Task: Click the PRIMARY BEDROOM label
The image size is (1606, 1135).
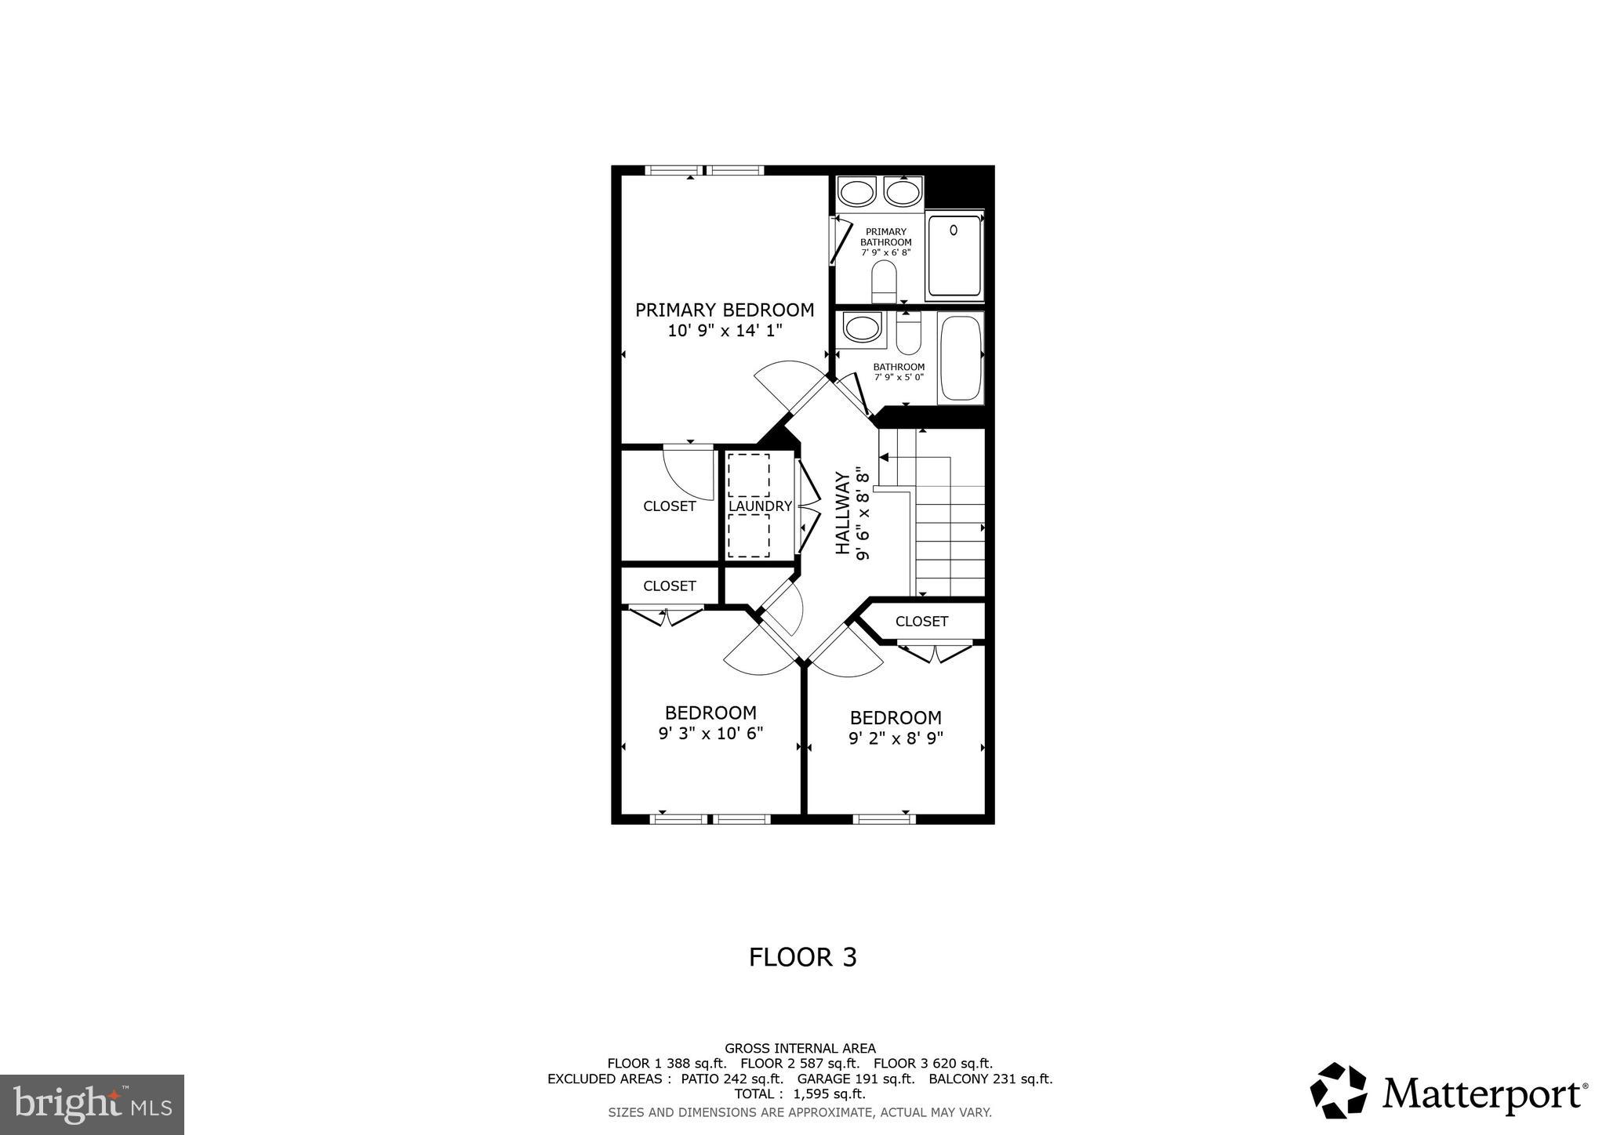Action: pyautogui.click(x=724, y=310)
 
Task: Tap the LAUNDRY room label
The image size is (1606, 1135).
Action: pyautogui.click(x=760, y=506)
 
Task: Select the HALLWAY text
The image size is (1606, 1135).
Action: pyautogui.click(x=843, y=513)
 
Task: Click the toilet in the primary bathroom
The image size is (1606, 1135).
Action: pyautogui.click(x=884, y=281)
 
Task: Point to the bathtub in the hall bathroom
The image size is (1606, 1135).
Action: pyautogui.click(x=960, y=357)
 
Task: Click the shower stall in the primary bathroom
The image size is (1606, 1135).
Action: pyautogui.click(x=954, y=256)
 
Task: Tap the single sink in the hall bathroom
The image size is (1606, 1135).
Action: pyautogui.click(x=860, y=328)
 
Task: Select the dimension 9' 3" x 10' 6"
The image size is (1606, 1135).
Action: pyautogui.click(x=710, y=734)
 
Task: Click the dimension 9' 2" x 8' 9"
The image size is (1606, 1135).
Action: pyautogui.click(x=896, y=738)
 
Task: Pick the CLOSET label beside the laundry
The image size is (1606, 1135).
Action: pyautogui.click(x=669, y=506)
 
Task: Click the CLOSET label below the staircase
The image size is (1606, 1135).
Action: pyautogui.click(x=921, y=622)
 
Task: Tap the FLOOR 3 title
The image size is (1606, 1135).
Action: pyautogui.click(x=802, y=957)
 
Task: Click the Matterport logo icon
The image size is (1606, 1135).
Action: pyautogui.click(x=1338, y=1090)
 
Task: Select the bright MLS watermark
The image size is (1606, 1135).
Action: pyautogui.click(x=92, y=1104)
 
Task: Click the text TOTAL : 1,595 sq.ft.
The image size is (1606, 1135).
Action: pyautogui.click(x=799, y=1093)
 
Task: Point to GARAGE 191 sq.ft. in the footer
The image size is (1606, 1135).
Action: pyautogui.click(x=856, y=1079)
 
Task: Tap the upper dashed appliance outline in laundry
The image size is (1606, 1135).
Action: pyautogui.click(x=748, y=474)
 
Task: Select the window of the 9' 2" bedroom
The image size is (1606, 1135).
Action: pyautogui.click(x=884, y=819)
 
